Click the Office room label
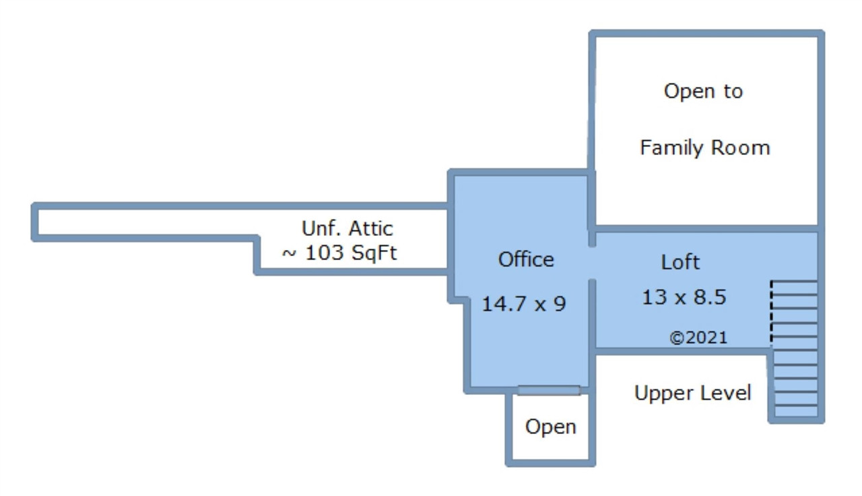[x=526, y=259]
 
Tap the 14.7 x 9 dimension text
[x=524, y=304]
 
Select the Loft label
[x=680, y=262]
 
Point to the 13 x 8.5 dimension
[x=684, y=297]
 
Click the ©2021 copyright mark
[x=698, y=338]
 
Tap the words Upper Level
[x=693, y=393]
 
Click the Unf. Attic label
[x=347, y=228]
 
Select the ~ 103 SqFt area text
[x=339, y=253]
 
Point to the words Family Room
[x=705, y=148]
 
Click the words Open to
[x=704, y=92]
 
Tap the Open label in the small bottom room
[x=551, y=427]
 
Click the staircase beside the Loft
[x=795, y=349]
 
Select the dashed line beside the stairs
[x=771, y=312]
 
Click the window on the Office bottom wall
[x=549, y=390]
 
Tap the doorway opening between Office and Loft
[x=592, y=263]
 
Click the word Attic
[x=370, y=228]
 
